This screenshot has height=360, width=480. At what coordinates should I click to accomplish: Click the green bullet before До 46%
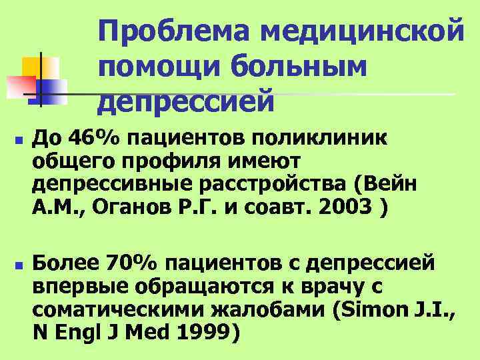(17, 142)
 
